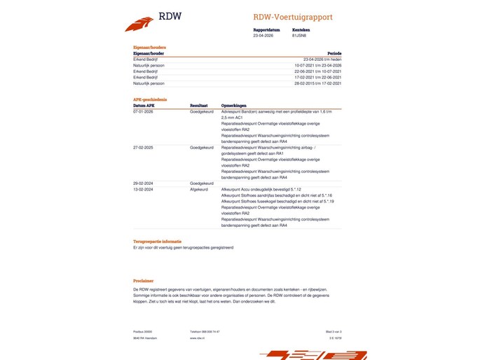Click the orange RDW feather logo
(139, 24)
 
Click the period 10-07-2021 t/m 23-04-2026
(317, 65)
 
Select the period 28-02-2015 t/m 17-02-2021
(317, 83)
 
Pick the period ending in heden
(322, 60)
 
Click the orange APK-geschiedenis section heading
(150, 99)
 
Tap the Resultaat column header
(198, 106)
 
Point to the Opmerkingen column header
(233, 106)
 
